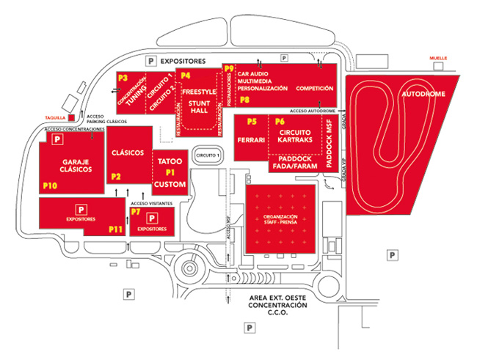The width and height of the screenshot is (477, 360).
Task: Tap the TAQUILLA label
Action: point(54,116)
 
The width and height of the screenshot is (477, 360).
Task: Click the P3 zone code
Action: point(122,77)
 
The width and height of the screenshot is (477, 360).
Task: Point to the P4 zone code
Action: point(186,76)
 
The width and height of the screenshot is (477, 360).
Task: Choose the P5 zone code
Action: point(252,121)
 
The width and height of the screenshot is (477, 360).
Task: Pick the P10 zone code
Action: point(50,186)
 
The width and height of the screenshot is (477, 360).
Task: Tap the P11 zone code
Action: point(115,229)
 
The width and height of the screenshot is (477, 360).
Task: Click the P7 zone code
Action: point(135,212)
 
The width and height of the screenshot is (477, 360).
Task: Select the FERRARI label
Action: point(251,139)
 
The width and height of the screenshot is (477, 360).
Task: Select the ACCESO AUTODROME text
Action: point(313,110)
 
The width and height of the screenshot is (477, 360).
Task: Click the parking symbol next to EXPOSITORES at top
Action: point(152,62)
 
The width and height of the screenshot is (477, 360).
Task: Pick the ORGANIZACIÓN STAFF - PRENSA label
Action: point(280,221)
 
